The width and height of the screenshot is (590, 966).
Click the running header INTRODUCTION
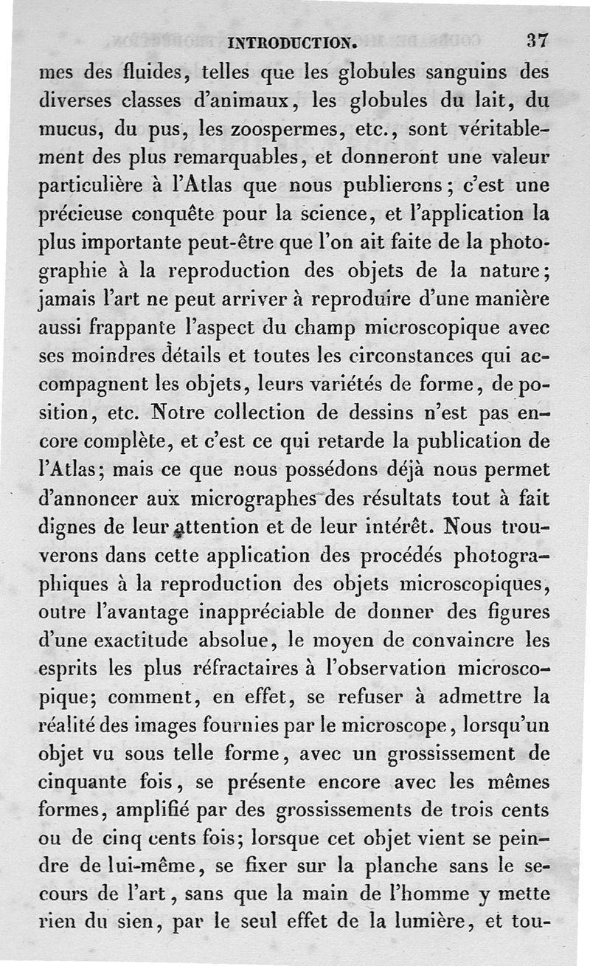click(294, 42)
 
